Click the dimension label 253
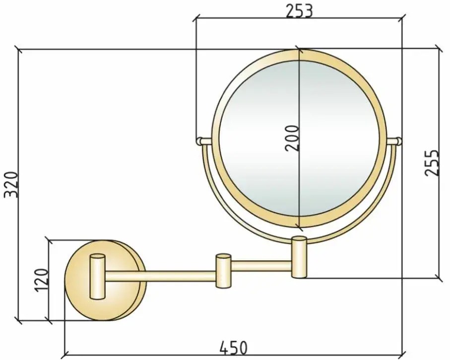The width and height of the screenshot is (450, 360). [299, 11]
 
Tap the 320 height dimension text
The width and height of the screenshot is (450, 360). [11, 184]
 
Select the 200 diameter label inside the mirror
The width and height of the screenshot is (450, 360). [292, 138]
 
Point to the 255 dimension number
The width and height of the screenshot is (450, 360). [432, 162]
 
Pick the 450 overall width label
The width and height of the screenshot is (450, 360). [233, 348]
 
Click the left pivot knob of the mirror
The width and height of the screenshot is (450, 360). [204, 141]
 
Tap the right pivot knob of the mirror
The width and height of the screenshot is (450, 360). [394, 141]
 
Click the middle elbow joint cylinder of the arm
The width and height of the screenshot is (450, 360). [223, 270]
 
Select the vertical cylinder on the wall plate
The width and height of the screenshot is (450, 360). [98, 277]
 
